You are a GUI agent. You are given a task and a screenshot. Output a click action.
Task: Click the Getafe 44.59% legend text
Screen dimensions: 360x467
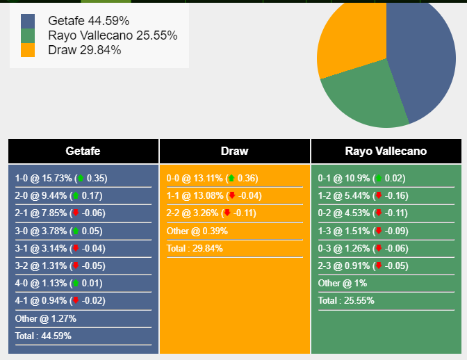pyautogui.click(x=88, y=21)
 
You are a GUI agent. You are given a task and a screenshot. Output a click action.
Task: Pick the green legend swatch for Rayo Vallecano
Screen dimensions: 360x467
pyautogui.click(x=28, y=35)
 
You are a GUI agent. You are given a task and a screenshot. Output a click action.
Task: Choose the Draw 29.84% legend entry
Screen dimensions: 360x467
pyautogui.click(x=84, y=50)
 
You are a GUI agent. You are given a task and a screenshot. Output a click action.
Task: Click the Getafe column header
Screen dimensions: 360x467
pyautogui.click(x=83, y=151)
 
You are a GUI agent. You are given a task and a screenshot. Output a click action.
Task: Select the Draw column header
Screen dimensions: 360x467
pyautogui.click(x=234, y=151)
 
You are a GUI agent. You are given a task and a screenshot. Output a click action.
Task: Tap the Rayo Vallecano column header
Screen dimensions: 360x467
pyautogui.click(x=386, y=151)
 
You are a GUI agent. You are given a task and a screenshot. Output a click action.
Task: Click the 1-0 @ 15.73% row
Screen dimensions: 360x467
pyautogui.click(x=61, y=179)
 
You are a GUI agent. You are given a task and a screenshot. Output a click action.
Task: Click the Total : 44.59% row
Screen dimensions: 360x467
pyautogui.click(x=43, y=336)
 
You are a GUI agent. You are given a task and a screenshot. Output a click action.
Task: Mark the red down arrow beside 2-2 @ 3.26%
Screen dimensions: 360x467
pyautogui.click(x=227, y=213)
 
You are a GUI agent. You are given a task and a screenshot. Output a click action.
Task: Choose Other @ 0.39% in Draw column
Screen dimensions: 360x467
pyautogui.click(x=195, y=231)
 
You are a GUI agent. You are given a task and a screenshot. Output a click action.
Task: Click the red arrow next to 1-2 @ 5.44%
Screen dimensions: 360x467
pyautogui.click(x=378, y=196)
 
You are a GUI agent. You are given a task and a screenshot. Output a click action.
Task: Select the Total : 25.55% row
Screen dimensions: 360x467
pyautogui.click(x=346, y=300)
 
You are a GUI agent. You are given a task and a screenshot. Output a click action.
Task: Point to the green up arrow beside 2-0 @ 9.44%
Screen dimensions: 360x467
pyautogui.click(x=75, y=196)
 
